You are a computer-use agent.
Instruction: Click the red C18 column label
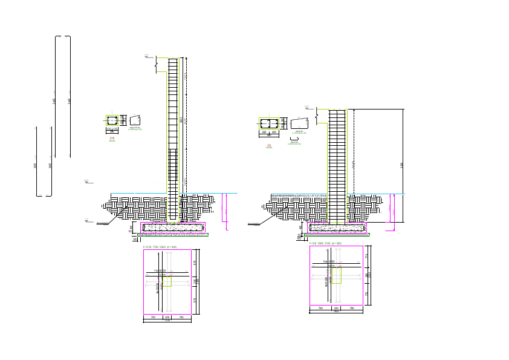coord(112,138)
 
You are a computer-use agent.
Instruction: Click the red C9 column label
coord(269,145)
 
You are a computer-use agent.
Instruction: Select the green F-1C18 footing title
coord(160,247)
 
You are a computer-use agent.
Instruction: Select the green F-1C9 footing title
coord(325,243)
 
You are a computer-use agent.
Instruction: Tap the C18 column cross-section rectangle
coord(112,121)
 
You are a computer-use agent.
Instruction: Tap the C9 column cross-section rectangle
coord(269,123)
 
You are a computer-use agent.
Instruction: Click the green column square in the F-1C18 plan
coord(167,282)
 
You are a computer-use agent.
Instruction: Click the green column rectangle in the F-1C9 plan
coord(336,276)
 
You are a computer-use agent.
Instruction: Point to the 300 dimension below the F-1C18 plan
coord(167,316)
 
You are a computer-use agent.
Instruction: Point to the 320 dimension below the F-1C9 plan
coord(336,308)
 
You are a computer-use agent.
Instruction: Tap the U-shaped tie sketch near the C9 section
coord(298,139)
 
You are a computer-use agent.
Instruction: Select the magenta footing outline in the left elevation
coord(173,227)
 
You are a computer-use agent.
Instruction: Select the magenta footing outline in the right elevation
coord(338,227)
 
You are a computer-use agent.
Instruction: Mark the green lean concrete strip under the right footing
coord(338,234)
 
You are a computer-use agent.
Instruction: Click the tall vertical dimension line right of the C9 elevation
coord(403,151)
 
